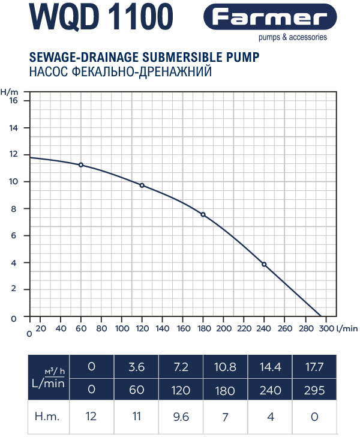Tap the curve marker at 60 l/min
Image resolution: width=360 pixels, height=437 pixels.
[81, 165]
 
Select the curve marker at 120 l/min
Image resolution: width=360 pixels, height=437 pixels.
[142, 185]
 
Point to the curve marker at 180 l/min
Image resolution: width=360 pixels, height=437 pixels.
[203, 215]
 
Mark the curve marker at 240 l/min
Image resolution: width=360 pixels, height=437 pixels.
[264, 265]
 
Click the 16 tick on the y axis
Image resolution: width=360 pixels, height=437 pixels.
[13, 101]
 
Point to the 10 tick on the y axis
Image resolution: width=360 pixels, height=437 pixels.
[13, 182]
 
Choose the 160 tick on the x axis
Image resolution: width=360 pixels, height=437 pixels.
[183, 329]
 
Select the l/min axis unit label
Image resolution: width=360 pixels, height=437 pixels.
[346, 329]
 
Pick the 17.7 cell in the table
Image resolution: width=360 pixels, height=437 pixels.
[314, 366]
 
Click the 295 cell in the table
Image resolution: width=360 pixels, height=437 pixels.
[314, 390]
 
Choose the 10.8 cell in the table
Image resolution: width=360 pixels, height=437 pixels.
[225, 366]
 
